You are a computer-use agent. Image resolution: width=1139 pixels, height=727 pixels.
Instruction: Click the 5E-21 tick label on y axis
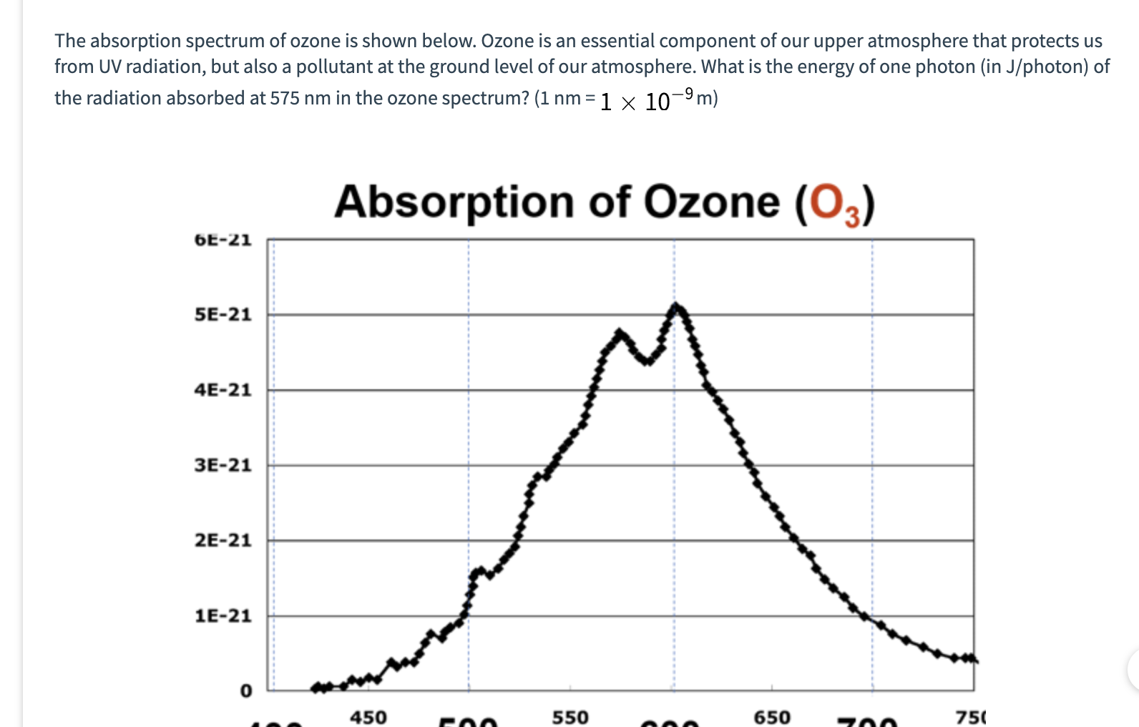pos(223,315)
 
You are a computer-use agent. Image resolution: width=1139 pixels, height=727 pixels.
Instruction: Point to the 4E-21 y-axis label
pos(223,390)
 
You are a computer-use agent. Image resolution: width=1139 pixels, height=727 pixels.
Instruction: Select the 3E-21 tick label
pos(223,465)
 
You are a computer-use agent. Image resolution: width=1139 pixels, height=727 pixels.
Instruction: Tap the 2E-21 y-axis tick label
pos(223,540)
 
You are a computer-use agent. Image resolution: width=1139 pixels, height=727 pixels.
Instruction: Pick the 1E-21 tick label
pos(223,615)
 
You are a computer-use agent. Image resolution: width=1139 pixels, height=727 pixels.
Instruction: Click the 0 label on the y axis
pos(245,691)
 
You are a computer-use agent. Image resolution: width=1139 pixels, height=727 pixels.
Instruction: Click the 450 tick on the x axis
pos(368,717)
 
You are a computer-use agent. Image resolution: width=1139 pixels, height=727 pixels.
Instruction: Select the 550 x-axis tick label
pos(570,717)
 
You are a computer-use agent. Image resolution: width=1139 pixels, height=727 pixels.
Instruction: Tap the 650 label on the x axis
pos(772,717)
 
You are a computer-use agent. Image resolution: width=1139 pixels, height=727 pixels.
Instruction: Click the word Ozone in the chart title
pos(711,203)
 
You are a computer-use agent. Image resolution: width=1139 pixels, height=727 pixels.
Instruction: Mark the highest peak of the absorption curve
pos(675,307)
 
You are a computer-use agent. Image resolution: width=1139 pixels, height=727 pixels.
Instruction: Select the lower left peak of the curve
pos(620,333)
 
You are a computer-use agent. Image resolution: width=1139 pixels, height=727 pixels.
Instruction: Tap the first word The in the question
pos(69,41)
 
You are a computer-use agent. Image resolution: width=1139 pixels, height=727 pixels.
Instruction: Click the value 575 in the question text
pos(285,98)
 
